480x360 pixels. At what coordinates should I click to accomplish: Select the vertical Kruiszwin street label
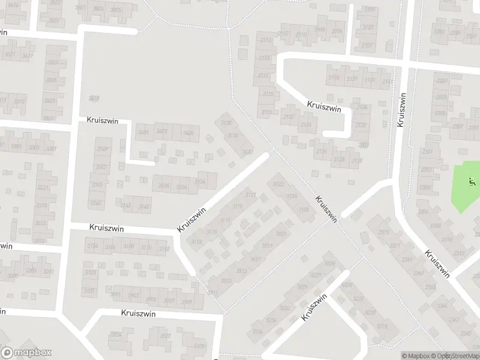point(401,109)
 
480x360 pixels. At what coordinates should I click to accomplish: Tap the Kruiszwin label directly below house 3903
point(138,313)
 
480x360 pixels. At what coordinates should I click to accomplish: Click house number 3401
point(143,132)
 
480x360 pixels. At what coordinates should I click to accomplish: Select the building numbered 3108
point(128,247)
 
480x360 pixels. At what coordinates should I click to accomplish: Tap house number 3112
point(164,249)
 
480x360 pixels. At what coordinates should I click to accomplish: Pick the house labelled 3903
point(133,295)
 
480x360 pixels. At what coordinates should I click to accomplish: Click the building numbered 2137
point(352,79)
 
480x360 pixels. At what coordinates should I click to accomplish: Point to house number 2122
point(288,118)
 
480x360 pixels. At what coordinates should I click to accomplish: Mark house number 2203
point(441,97)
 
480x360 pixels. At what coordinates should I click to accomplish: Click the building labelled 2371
point(394,245)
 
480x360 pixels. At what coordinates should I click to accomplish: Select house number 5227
point(317,276)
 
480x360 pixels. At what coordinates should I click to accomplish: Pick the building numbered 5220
point(370,312)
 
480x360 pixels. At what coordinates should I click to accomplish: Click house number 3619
point(93,98)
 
